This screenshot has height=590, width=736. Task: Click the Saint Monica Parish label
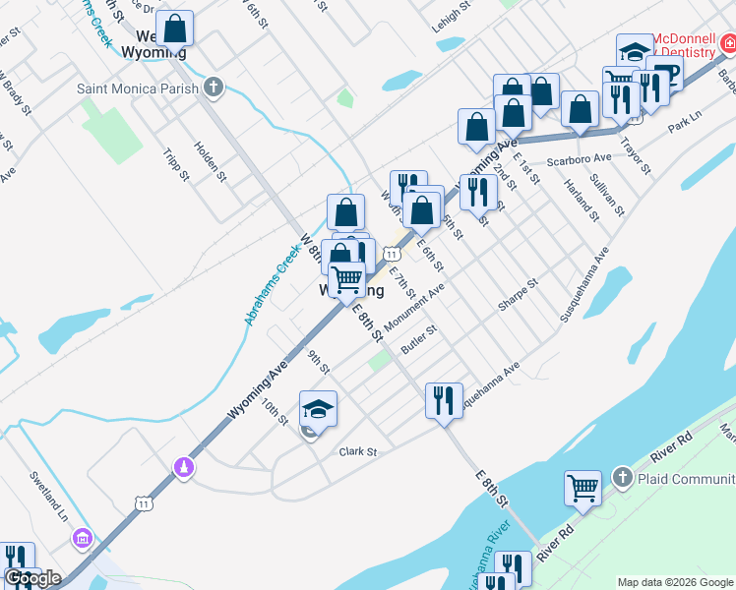pyautogui.click(x=139, y=88)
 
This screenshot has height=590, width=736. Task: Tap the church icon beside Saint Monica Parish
pyautogui.click(x=214, y=88)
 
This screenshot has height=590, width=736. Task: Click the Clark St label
pyautogui.click(x=358, y=452)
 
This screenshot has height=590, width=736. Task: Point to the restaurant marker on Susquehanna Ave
pyautogui.click(x=443, y=400)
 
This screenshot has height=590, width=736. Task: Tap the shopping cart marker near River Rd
pyautogui.click(x=583, y=488)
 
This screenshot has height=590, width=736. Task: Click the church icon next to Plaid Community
pyautogui.click(x=621, y=478)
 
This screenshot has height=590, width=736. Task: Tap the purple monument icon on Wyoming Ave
pyautogui.click(x=182, y=469)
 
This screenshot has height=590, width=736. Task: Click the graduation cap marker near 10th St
pyautogui.click(x=319, y=408)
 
